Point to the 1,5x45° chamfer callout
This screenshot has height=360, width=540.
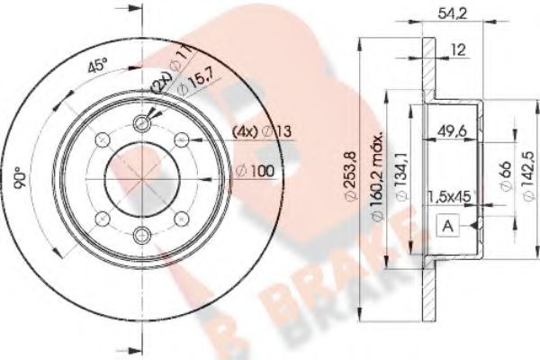click(x=449, y=196)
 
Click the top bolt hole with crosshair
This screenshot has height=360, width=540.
click(x=142, y=124)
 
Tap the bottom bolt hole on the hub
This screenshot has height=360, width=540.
click(x=142, y=237)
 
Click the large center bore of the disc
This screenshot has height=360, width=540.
click(x=142, y=180)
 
